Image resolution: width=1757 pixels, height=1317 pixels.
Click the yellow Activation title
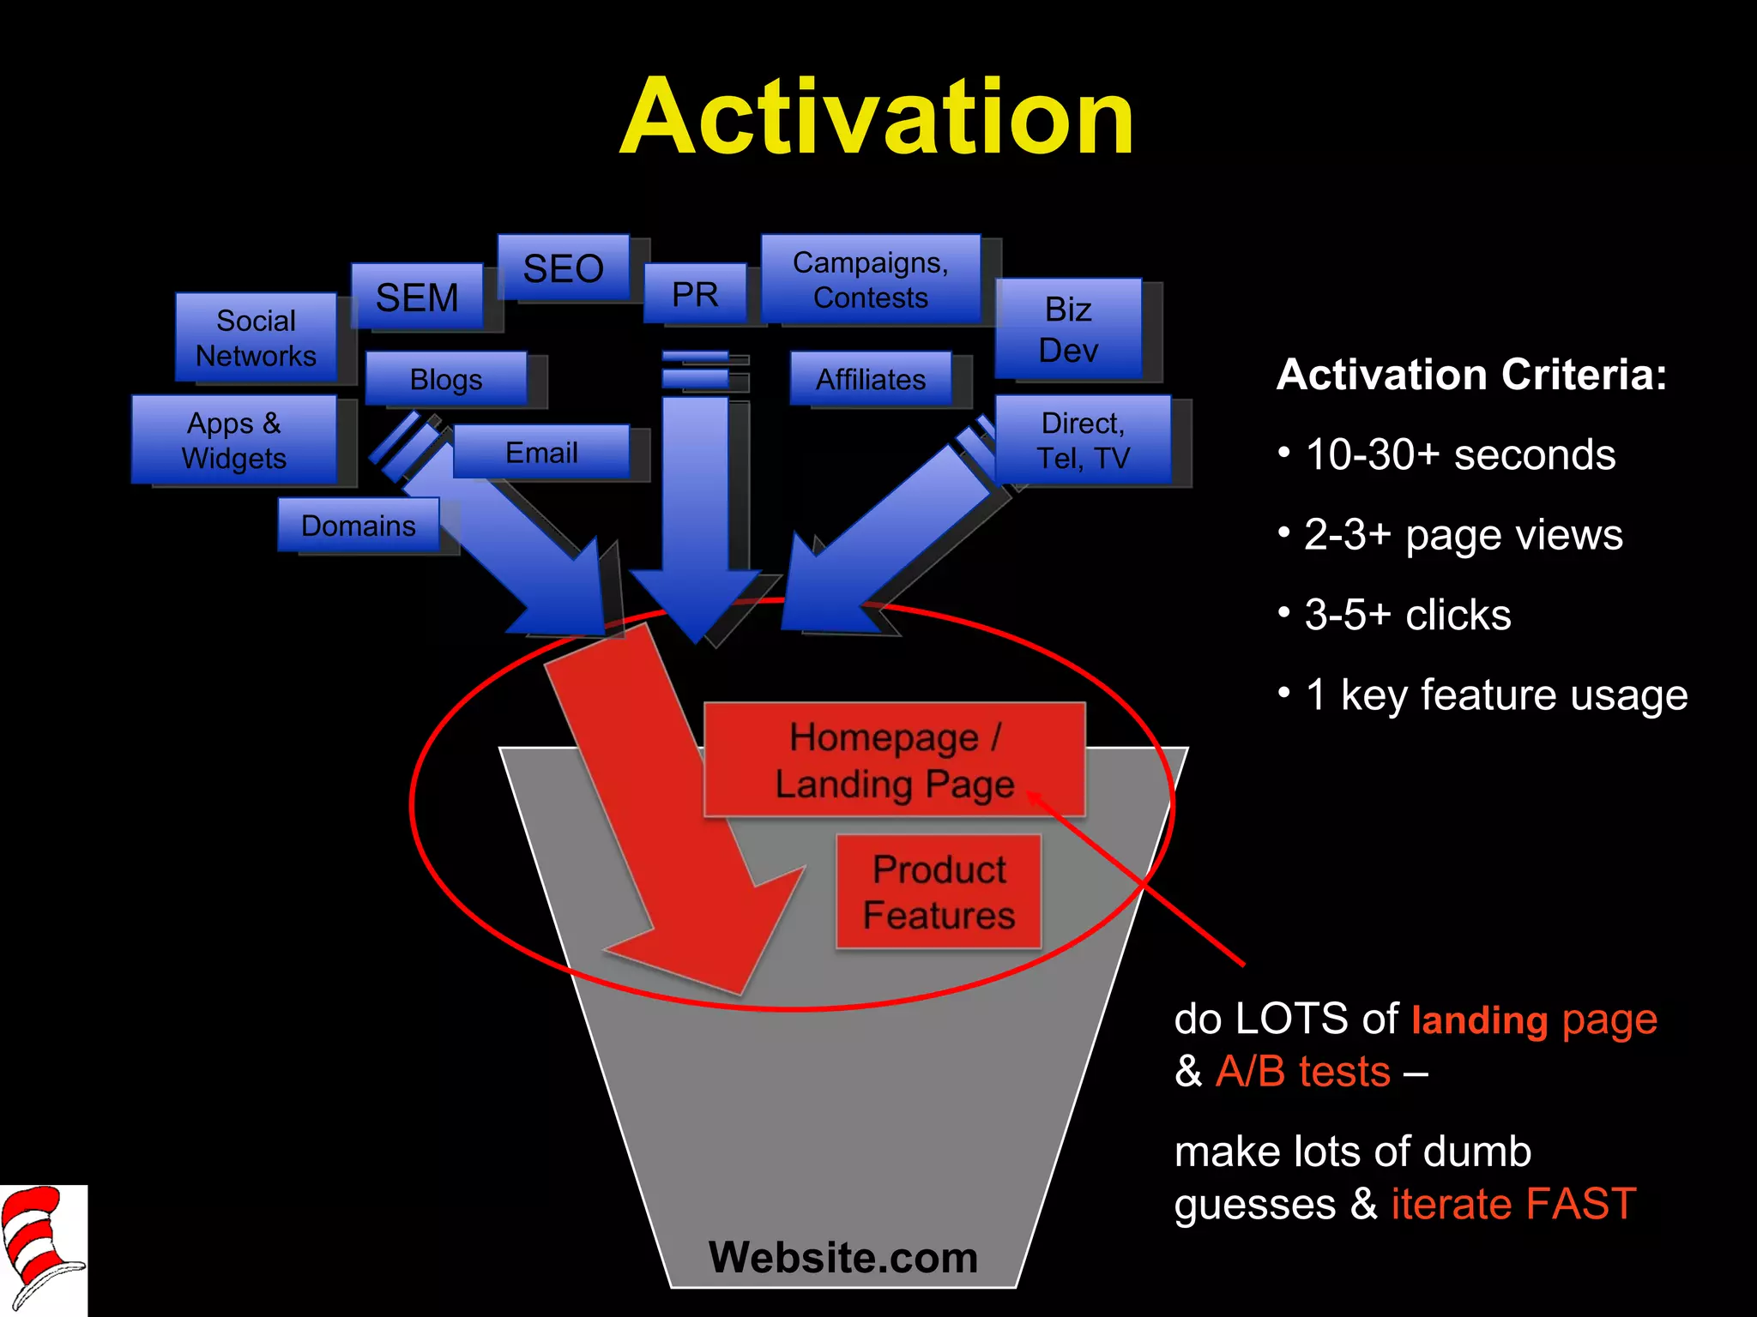coord(877,117)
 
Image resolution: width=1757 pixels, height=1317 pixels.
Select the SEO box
coord(563,268)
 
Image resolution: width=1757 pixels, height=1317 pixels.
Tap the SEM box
coord(417,297)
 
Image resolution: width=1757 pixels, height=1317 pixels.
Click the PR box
coord(695,294)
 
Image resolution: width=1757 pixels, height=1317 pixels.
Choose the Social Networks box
coord(256,337)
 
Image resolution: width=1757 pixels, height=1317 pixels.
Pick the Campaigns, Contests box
coord(870,280)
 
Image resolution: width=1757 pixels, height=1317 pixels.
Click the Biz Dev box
coord(1068,328)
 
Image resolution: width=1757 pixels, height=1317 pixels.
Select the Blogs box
coord(446,378)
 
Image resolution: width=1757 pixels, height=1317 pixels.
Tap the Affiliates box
coord(870,378)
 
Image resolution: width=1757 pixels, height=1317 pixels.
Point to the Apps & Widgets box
coord(233,439)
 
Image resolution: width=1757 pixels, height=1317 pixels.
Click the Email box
coord(541,452)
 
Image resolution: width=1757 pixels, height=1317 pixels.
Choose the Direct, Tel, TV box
coord(1083,440)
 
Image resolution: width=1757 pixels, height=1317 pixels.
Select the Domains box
coord(358,525)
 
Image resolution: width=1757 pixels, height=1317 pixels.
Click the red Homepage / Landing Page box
coord(894,760)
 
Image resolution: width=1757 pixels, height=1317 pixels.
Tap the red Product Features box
coord(939,892)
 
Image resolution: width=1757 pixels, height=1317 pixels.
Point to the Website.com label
coord(842,1257)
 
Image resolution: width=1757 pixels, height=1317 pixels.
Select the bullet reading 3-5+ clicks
coord(1407,614)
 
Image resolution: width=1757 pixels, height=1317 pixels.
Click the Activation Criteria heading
coord(1470,375)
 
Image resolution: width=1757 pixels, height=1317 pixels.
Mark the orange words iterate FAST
coord(1513,1203)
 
